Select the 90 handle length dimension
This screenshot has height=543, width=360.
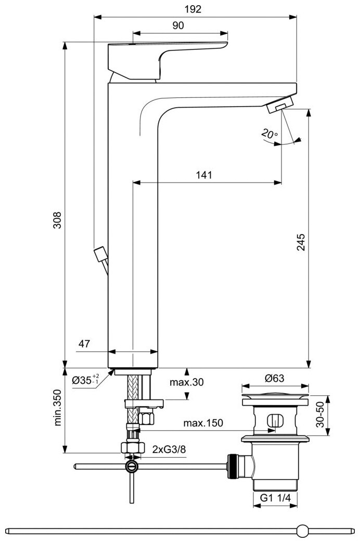[x=178, y=26]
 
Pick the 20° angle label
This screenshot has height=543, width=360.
[x=270, y=134]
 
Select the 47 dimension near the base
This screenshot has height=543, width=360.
[x=85, y=344]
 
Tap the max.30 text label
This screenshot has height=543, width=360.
[x=187, y=382]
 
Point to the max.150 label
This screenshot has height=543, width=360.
[x=203, y=423]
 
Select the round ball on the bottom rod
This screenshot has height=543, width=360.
[x=302, y=531]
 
